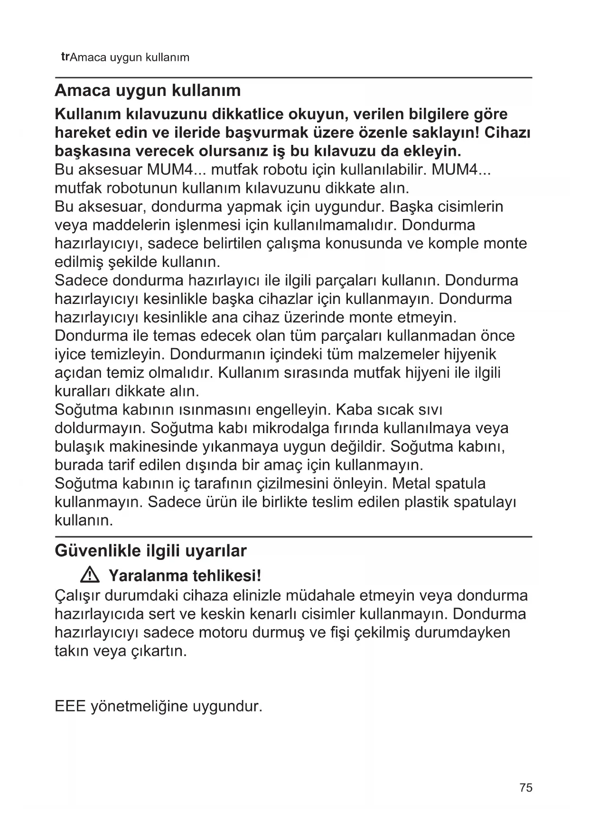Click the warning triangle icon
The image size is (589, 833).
[x=90, y=576]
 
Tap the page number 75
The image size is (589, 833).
[x=526, y=788]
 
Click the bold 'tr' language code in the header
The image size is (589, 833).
[x=65, y=57]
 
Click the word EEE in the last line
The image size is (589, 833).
[x=70, y=706]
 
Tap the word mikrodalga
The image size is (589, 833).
[x=284, y=428]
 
